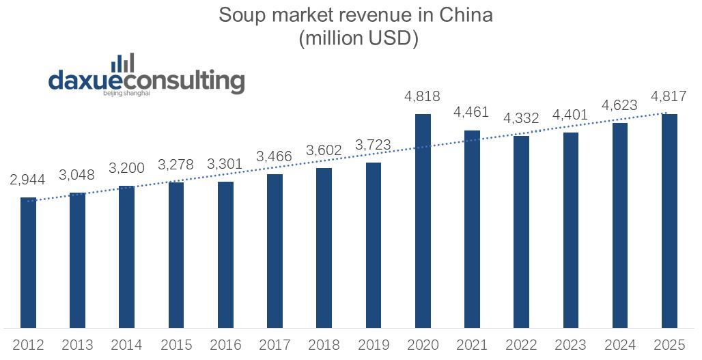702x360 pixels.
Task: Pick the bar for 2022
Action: click(x=522, y=232)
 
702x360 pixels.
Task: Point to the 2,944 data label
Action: click(x=28, y=180)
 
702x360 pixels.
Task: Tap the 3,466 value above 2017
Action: click(x=275, y=157)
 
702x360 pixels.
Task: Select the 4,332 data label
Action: click(x=522, y=118)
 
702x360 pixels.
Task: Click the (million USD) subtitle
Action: click(x=358, y=39)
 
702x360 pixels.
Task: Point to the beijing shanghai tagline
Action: click(x=126, y=94)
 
